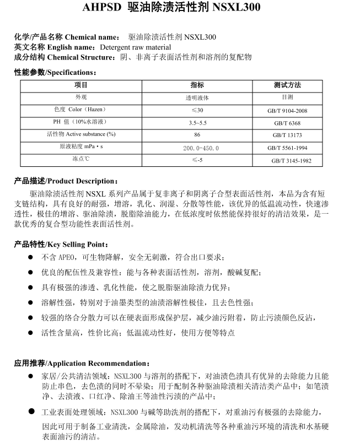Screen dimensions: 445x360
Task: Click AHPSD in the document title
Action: pos(101,8)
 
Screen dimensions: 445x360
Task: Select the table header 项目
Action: pos(81,85)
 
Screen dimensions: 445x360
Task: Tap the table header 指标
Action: pos(197,85)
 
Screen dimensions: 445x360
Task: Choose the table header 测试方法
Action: pos(287,85)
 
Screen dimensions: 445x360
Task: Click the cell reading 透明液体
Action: pos(197,97)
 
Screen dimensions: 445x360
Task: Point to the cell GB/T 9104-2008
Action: pos(287,111)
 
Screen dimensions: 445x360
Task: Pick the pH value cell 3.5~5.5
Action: pos(197,122)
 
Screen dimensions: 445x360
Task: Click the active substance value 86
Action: pos(197,135)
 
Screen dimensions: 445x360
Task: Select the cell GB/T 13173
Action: pos(287,135)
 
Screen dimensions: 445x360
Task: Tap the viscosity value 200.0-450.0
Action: pos(201,148)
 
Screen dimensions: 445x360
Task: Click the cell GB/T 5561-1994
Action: pos(287,148)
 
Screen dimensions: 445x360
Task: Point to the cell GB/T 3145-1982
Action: pos(291,161)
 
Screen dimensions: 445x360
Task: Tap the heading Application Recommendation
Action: pos(98,363)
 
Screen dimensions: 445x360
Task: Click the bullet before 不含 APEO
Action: pos(31,257)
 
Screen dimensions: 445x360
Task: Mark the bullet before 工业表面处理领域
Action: pos(31,411)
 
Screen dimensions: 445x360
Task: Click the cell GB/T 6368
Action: pos(287,123)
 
